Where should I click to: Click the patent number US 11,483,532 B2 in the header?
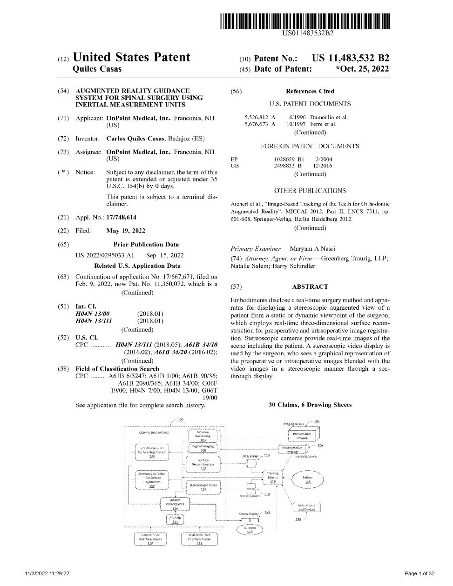[x=351, y=58]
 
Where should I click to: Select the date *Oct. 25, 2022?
[x=362, y=69]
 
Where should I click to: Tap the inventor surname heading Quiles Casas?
[x=97, y=69]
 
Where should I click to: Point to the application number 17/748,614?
[x=121, y=217]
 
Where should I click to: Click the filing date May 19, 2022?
[x=126, y=231]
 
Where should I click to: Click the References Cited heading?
[x=310, y=91]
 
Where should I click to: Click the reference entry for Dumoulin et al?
[x=329, y=117]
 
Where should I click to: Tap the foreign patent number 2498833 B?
[x=287, y=166]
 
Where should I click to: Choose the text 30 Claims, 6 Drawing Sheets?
[x=310, y=405]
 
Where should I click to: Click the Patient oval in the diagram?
[x=307, y=479]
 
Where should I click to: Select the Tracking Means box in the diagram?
[x=273, y=477]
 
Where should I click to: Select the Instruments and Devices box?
[x=306, y=507]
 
